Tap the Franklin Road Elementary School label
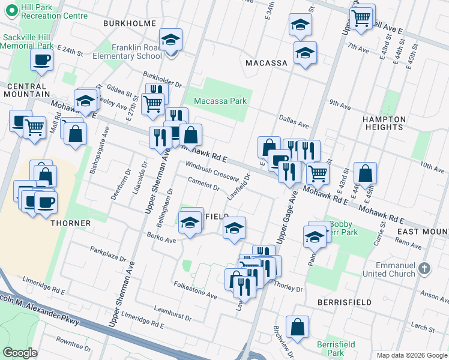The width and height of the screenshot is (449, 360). pyautogui.click(x=127, y=51)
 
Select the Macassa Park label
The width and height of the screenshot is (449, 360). pyautogui.click(x=220, y=101)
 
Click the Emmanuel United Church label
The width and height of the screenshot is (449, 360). pyautogui.click(x=387, y=269)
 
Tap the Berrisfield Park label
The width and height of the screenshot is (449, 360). pyautogui.click(x=337, y=349)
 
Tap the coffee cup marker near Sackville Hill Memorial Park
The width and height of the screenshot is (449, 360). pyautogui.click(x=41, y=59)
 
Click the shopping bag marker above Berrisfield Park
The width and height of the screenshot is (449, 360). pyautogui.click(x=297, y=327)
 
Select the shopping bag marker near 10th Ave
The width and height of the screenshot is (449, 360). pyautogui.click(x=365, y=173)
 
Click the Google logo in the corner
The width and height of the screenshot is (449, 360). pyautogui.click(x=20, y=353)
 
